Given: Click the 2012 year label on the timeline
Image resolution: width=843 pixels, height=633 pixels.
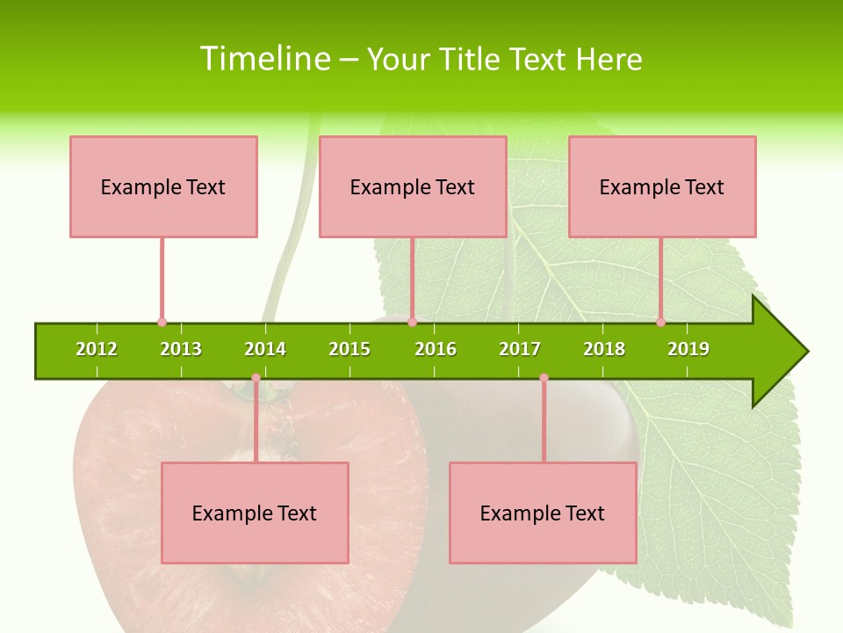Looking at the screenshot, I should click(97, 349).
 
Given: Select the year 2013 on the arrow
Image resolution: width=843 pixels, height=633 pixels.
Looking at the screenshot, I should click(181, 349).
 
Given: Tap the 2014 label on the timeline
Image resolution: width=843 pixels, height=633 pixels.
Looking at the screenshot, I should click(265, 349).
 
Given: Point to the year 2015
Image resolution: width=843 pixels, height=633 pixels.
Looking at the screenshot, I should click(349, 349).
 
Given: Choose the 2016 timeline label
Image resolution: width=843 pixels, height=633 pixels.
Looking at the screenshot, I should click(436, 349).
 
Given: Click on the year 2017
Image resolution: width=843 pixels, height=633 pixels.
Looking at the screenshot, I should click(520, 349).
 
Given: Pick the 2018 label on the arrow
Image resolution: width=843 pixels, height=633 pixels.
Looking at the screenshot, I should click(604, 349).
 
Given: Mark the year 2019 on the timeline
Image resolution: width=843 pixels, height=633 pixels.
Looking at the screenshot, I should click(688, 349).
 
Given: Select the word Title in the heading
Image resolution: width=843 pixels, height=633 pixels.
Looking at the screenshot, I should click(469, 59).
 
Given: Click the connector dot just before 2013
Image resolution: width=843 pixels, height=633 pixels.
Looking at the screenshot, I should click(162, 322).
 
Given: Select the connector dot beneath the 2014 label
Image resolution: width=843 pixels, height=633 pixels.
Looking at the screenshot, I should click(256, 378).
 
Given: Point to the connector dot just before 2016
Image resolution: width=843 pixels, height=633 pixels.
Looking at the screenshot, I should click(412, 322).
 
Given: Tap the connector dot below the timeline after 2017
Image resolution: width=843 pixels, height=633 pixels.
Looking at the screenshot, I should click(544, 378).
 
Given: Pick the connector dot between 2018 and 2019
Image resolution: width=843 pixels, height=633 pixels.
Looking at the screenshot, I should click(660, 322).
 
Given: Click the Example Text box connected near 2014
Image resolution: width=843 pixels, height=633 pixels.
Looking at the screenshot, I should click(255, 513).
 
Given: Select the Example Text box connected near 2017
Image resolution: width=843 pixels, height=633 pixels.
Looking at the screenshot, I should click(543, 513).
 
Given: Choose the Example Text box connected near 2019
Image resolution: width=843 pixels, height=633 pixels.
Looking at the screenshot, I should click(662, 186).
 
